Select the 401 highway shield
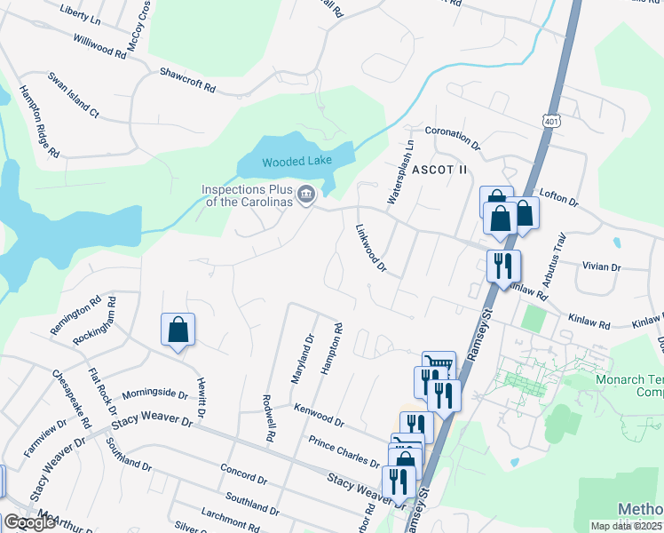(551, 121)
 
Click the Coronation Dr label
(452, 137)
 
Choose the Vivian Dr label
(601, 266)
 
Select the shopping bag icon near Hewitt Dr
(178, 330)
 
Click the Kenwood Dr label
(319, 413)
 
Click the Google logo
(29, 522)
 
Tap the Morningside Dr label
(154, 393)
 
